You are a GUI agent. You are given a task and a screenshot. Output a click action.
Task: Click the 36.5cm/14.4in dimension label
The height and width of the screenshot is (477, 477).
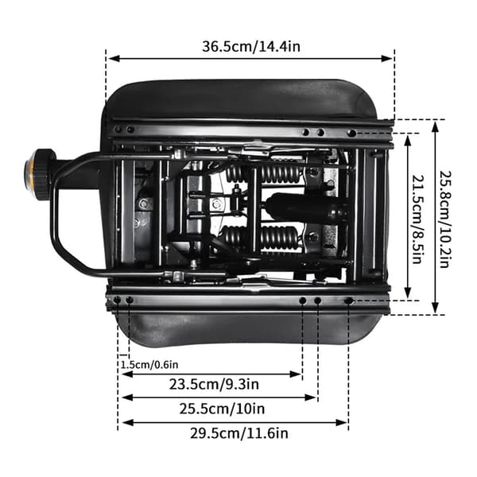(x=251, y=47)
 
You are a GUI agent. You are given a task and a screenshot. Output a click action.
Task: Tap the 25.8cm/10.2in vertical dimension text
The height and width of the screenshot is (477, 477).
(x=444, y=219)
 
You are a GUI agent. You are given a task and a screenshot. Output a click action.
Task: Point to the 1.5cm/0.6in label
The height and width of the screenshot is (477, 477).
(x=149, y=364)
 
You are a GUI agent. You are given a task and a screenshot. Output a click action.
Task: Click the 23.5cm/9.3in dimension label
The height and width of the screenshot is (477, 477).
(x=214, y=384)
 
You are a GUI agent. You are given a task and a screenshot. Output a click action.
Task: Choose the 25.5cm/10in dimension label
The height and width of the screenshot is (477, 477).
(x=222, y=409)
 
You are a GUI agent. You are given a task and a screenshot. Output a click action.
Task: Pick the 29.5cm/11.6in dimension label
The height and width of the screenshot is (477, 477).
(x=239, y=433)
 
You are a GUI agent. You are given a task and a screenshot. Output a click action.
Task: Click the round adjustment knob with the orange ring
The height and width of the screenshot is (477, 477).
(x=39, y=175)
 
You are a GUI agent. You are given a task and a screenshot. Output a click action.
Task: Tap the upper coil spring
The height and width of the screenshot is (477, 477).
(x=263, y=173)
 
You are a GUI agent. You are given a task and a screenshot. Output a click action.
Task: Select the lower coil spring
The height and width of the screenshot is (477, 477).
(x=261, y=236)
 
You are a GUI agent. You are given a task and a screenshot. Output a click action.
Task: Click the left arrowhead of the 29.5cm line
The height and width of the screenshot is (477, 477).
(x=127, y=422)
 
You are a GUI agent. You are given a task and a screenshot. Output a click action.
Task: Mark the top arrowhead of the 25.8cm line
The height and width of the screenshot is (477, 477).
(x=436, y=126)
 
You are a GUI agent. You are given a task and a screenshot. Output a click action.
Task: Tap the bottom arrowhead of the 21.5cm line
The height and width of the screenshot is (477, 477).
(x=408, y=293)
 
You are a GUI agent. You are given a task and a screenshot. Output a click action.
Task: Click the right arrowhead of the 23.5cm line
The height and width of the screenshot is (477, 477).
(x=296, y=374)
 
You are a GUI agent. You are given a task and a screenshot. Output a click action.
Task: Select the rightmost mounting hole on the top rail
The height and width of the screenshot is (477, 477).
(x=351, y=133)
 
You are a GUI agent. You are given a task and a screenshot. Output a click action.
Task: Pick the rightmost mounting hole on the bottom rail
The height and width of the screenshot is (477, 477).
(x=348, y=301)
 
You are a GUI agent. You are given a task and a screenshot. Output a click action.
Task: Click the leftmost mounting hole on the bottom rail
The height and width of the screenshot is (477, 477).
(x=117, y=301)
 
